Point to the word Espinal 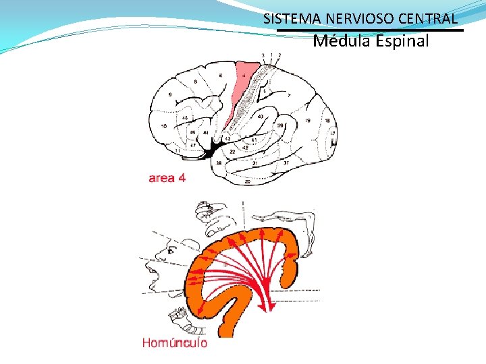coord(399,41)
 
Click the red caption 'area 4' coord(167,178)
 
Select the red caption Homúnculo coord(174,342)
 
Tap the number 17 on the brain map coord(332,133)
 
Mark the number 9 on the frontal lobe coord(170,95)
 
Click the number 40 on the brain coord(260,117)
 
